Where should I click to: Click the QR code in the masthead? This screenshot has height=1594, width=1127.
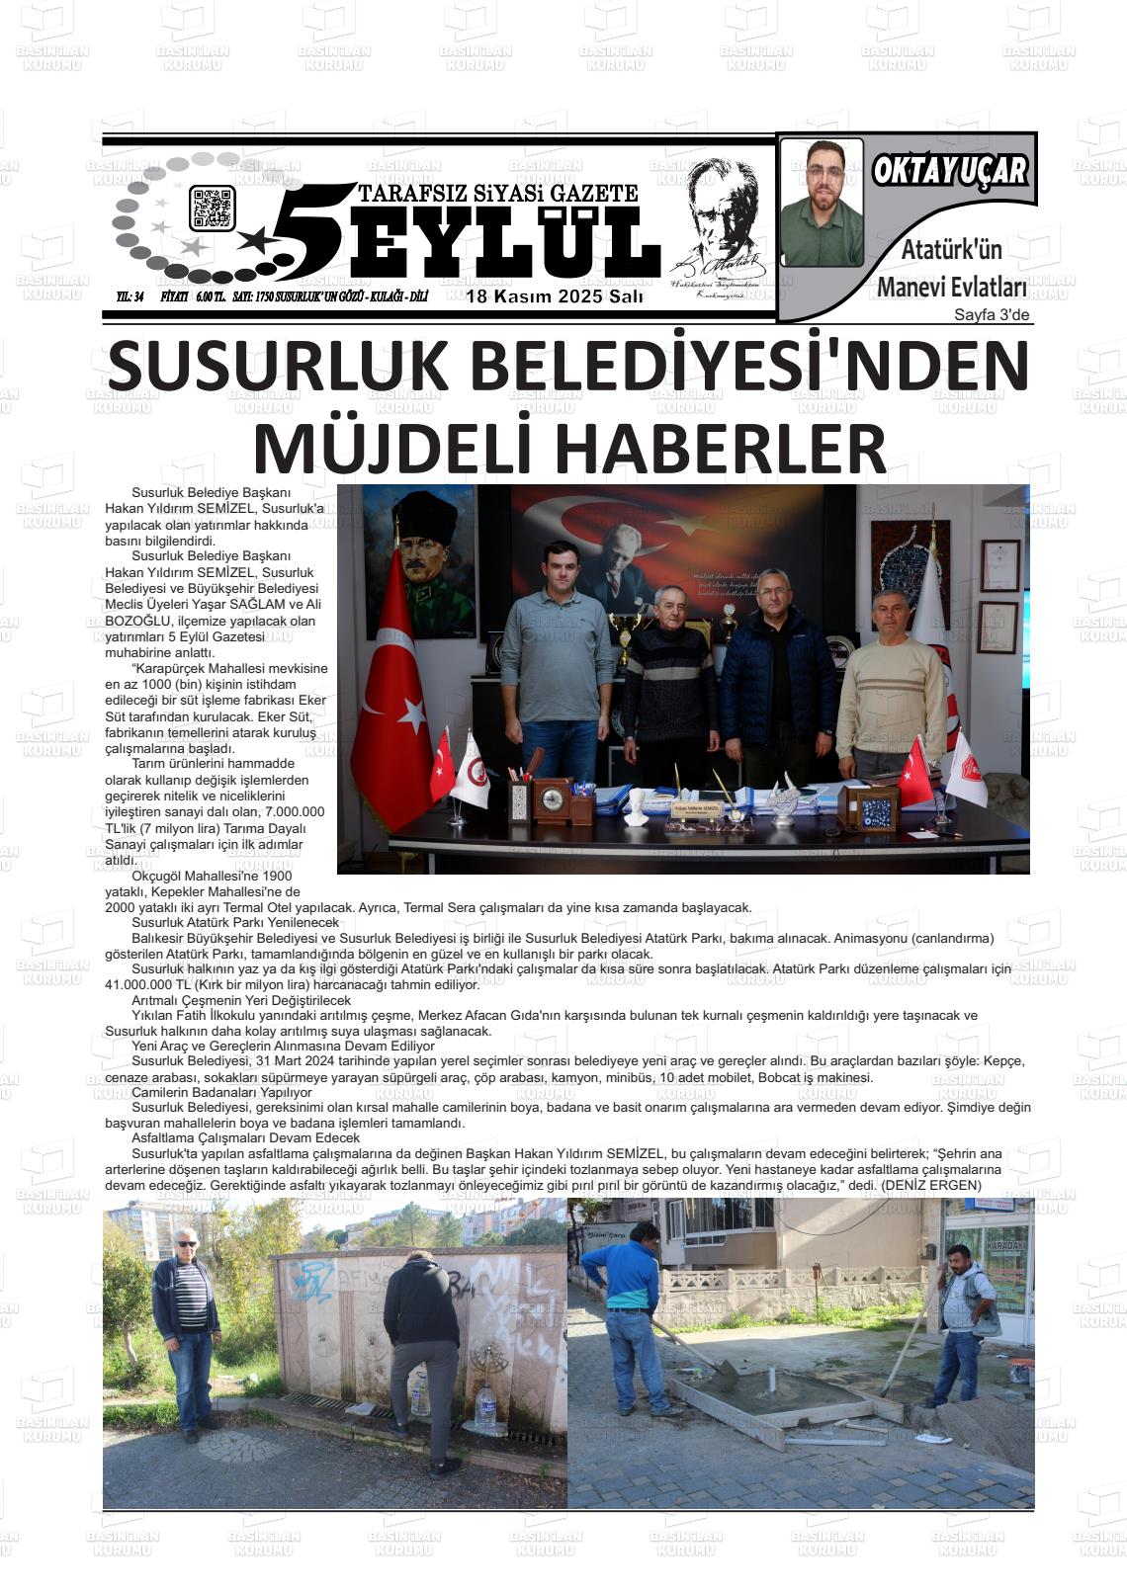click(x=213, y=209)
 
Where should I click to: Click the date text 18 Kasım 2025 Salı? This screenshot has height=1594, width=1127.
click(x=555, y=296)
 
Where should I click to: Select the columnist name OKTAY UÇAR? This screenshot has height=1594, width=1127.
click(x=949, y=171)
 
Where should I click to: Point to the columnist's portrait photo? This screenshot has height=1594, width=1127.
click(x=822, y=203)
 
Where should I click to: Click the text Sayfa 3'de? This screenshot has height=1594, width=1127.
click(x=992, y=315)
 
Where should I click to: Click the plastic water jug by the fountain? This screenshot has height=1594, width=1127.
click(x=484, y=1407)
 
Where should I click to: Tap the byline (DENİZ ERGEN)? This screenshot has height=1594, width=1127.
click(x=931, y=1185)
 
